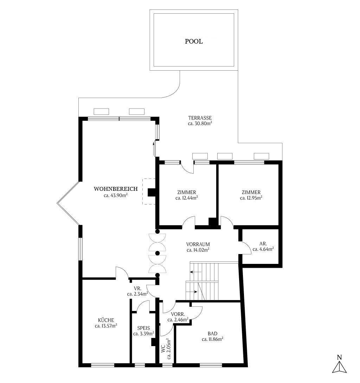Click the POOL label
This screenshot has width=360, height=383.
[194, 41]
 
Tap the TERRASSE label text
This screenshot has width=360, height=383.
[200, 118]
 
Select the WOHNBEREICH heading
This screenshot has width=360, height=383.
[111, 189]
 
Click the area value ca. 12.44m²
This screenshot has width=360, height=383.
[186, 198]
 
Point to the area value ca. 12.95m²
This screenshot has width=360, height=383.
[251, 198]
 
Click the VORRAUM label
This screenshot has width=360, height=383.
[198, 244]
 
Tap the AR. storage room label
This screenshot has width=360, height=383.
[263, 243]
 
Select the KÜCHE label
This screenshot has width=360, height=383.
[106, 320]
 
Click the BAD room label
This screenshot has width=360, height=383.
[212, 333]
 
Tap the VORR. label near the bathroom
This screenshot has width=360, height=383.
[178, 314]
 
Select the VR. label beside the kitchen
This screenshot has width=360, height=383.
[137, 288]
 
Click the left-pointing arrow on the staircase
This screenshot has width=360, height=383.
[192, 272]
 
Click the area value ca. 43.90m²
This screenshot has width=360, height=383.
[115, 196]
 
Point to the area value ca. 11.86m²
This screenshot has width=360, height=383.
[213, 339]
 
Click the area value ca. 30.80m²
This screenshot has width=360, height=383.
[200, 124]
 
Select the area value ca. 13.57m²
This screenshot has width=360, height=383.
[106, 326]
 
